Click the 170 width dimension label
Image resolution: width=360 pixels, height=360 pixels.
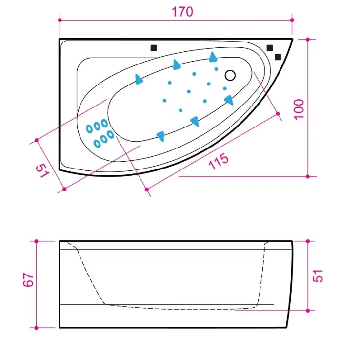[182, 12]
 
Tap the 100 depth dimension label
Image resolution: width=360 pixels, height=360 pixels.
[299, 109]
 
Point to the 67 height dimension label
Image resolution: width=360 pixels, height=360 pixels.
[28, 279]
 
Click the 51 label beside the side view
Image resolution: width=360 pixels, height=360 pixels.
[318, 275]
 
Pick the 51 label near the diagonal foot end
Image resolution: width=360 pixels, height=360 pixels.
[43, 170]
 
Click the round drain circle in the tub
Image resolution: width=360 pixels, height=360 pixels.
[230, 75]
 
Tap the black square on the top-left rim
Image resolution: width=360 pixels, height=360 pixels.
[154, 48]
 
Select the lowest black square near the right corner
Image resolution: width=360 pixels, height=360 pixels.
[278, 57]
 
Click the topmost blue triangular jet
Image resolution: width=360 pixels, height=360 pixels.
[213, 57]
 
